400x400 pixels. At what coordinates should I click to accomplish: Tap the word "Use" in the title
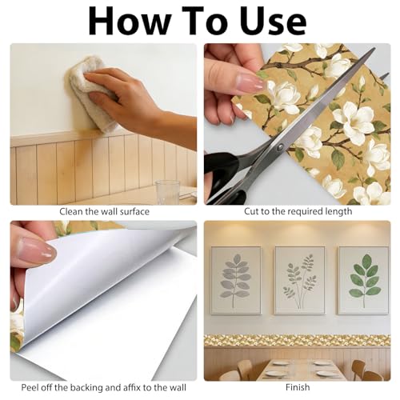tap(274, 21)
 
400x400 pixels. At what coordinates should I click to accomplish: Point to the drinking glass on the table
tap(167, 192)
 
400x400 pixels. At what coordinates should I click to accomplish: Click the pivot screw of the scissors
tap(280, 147)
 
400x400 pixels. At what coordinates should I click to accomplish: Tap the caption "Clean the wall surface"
tap(104, 212)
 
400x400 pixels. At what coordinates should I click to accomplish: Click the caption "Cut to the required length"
tap(298, 211)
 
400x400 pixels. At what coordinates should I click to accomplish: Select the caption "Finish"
tap(298, 387)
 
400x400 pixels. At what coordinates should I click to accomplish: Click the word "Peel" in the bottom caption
tap(30, 387)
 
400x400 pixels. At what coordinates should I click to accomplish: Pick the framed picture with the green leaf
tap(364, 280)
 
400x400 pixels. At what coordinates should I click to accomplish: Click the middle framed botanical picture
tap(300, 280)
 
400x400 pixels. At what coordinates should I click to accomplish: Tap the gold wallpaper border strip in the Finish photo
tap(298, 341)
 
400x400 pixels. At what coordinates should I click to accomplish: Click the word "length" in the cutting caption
tap(338, 212)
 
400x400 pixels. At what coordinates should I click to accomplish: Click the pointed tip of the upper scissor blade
tap(374, 48)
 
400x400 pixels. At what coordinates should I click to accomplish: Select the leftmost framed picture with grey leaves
tap(236, 280)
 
